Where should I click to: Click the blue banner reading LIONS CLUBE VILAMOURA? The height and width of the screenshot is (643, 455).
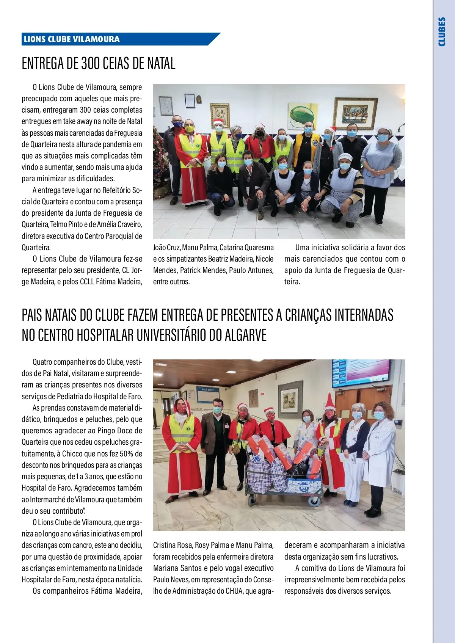point(72,39)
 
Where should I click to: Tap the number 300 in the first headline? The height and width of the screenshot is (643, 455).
point(90,63)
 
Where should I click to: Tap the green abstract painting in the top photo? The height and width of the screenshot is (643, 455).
point(303,114)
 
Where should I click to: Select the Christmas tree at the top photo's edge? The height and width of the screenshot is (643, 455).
point(158,163)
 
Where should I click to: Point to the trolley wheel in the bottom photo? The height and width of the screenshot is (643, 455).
point(314,502)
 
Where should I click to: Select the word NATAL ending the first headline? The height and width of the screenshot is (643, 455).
point(161,63)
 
